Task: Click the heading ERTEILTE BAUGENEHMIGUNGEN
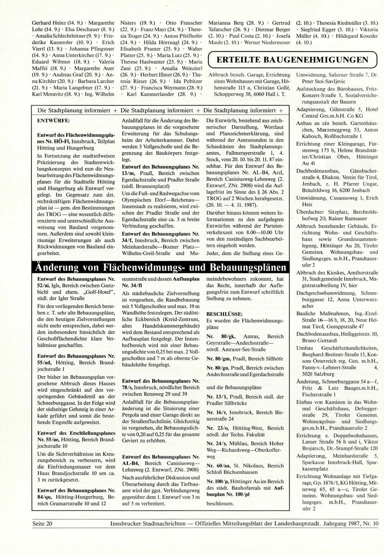[x=292, y=60]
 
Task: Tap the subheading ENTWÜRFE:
[x=53, y=121]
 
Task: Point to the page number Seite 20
[x=42, y=523]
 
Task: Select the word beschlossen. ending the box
[x=220, y=503]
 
